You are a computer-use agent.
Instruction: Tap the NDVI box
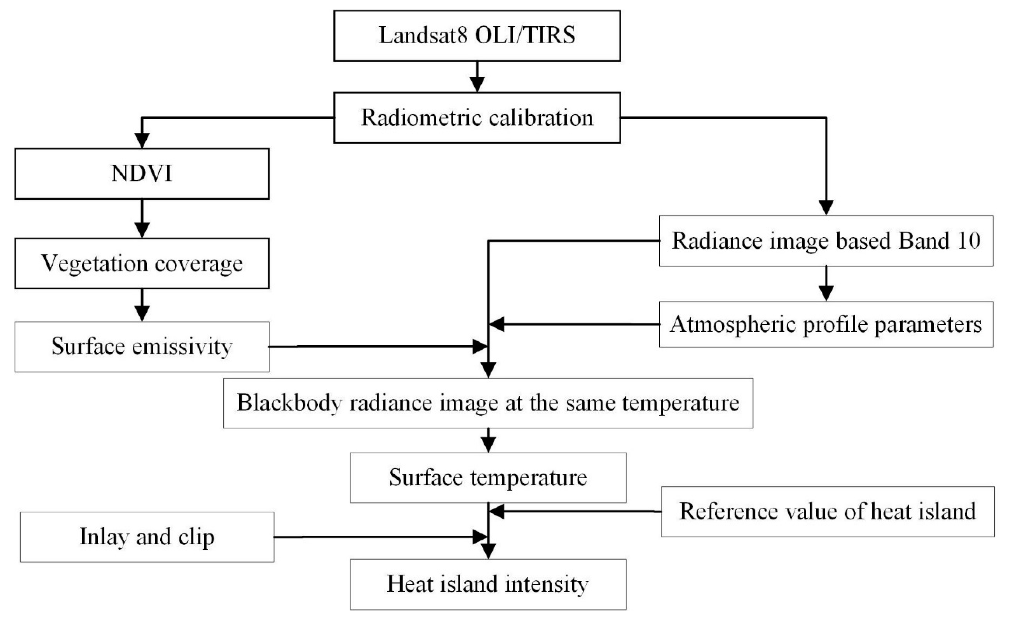(x=142, y=174)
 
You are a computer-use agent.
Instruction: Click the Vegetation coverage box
(x=142, y=263)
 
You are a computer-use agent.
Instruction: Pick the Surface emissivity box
(x=142, y=347)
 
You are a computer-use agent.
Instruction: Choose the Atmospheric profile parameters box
(x=826, y=324)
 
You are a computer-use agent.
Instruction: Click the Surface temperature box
(x=488, y=478)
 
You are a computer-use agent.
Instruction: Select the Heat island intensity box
(x=488, y=584)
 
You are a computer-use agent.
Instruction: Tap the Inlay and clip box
(x=147, y=537)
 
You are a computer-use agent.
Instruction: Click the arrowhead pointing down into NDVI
(x=142, y=140)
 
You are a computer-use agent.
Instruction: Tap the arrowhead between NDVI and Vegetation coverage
(x=142, y=230)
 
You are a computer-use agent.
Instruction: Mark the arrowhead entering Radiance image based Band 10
(x=826, y=207)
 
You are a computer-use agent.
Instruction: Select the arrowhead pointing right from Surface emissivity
(x=479, y=346)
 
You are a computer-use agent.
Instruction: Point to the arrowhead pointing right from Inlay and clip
(x=479, y=537)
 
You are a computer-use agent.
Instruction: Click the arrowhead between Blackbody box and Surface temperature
(x=488, y=445)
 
